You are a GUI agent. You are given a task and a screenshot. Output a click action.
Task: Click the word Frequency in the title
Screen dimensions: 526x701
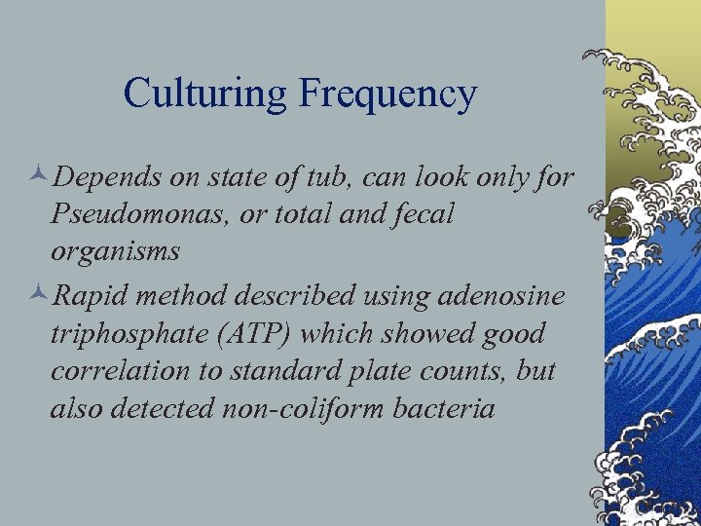387,94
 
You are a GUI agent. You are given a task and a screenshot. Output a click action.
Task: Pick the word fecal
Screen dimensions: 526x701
422,214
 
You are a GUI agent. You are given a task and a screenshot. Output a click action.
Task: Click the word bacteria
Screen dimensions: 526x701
447,408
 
